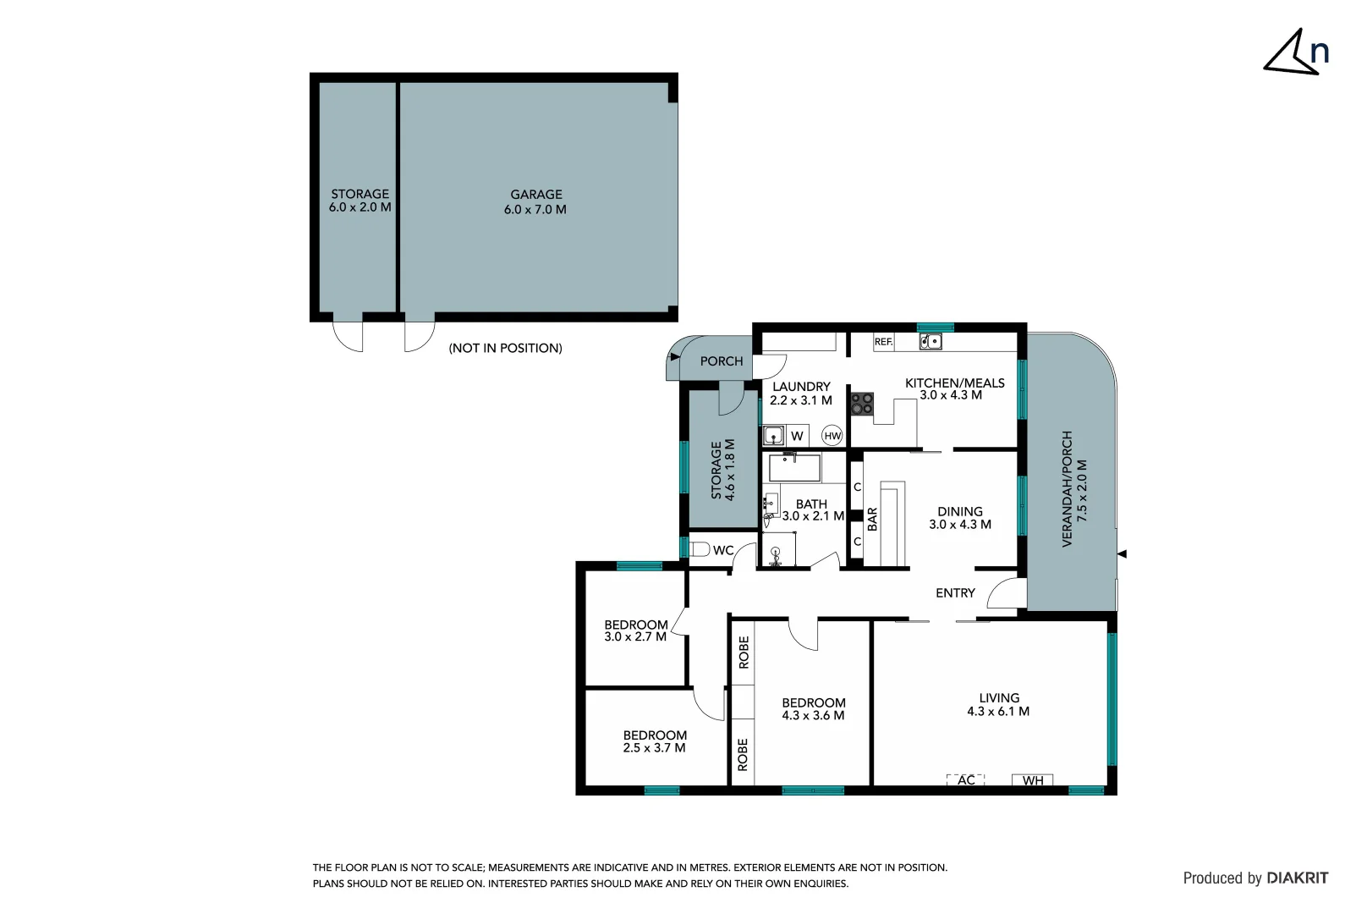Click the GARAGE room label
pos(535,195)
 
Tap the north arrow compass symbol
pos(1294,53)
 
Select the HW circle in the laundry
pos(832,436)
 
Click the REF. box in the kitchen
pos(883,342)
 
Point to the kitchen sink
pos(930,342)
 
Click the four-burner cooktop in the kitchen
pos(861,404)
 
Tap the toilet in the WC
pos(699,549)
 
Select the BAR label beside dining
pos(872,519)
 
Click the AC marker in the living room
pos(966,780)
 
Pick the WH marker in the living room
pos(1033,780)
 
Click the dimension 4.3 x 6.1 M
pos(998,712)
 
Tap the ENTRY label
pos(955,593)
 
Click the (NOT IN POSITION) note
pos(505,348)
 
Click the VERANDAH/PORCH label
pos(1067,489)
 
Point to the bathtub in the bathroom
pos(793,467)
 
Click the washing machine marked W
pos(796,437)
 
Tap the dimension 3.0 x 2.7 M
pos(635,637)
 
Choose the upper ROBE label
pos(744,652)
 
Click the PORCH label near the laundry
pos(722,361)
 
